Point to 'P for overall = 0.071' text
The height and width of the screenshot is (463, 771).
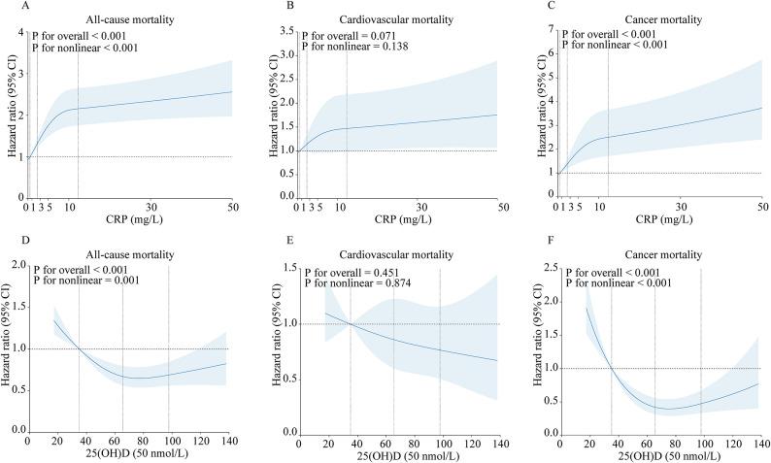(350, 35)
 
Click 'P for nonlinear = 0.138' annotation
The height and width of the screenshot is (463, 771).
(354, 47)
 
